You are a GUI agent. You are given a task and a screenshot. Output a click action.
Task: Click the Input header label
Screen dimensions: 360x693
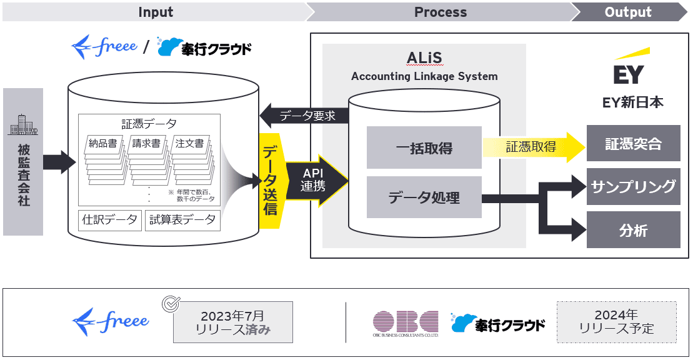coord(156,12)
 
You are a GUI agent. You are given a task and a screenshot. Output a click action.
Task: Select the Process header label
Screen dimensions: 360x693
coord(440,12)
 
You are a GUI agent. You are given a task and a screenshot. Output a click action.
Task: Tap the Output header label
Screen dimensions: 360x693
coord(627,12)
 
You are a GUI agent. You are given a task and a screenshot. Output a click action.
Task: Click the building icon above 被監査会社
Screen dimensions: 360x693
coord(22,126)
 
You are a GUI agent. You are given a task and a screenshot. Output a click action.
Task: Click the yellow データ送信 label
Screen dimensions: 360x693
coord(270,181)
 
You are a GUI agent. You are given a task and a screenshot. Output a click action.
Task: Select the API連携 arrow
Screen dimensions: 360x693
coord(315,180)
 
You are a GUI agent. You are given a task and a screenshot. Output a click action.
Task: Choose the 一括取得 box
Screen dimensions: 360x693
coord(424,147)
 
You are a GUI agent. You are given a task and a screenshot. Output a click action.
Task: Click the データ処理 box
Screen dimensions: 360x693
coord(424,197)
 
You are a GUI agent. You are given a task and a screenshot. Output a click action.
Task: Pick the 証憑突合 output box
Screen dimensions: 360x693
coord(633,144)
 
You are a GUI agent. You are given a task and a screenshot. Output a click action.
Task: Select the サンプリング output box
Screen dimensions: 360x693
coord(633,186)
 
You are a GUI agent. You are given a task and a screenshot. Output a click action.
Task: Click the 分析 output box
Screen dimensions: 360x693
coord(633,230)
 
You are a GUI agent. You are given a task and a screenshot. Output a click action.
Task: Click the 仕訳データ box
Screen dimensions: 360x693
coord(111,220)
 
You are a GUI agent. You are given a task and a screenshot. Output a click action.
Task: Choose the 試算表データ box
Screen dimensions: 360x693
coord(182,220)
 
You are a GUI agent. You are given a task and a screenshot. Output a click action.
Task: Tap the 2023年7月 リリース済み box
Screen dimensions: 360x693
coord(232,322)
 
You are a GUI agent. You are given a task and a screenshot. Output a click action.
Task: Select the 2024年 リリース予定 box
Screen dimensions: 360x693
coord(616,322)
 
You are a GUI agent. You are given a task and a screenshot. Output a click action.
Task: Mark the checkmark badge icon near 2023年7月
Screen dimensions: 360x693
coord(170,304)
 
